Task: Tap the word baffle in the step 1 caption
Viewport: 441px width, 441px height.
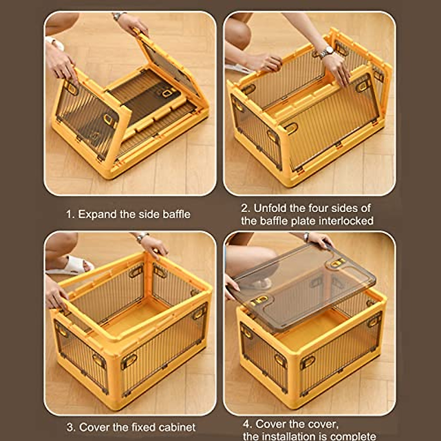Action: (x=176, y=214)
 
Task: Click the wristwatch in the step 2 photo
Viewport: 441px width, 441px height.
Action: (x=327, y=52)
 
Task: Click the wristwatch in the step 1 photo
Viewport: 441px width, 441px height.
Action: (x=118, y=16)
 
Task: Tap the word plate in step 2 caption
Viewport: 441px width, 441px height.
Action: (x=303, y=221)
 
